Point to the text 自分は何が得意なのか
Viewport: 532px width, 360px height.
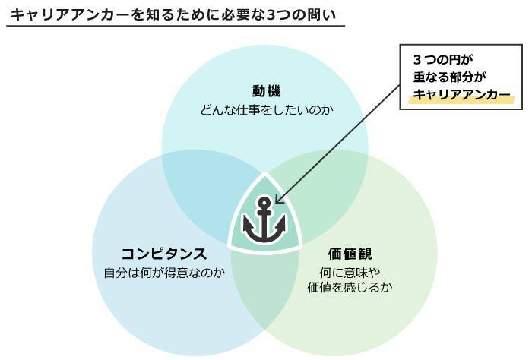[163, 272]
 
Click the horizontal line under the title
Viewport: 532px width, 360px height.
[175, 27]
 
